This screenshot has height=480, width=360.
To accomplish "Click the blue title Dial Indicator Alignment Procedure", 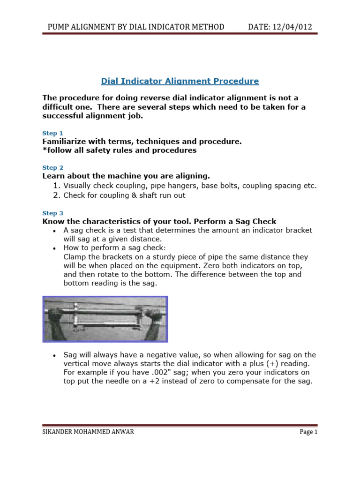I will coord(180,81).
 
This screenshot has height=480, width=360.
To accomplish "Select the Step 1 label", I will coord(52,133).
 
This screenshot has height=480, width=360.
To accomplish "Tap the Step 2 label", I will coord(52,167).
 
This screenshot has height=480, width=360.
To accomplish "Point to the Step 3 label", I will coord(52,213).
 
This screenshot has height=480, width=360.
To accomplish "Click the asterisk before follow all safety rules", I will coord(44,150).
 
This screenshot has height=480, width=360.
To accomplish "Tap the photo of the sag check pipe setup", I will coord(105,319).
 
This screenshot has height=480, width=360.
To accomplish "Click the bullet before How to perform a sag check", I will coord(56,248).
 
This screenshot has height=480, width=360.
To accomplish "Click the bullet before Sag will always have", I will coord(56,355).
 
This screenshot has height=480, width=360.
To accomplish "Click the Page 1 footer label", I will coord(308,432).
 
